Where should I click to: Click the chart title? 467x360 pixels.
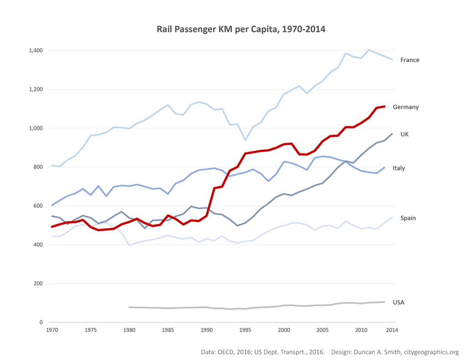(x=241, y=29)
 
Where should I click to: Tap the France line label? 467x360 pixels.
(x=410, y=60)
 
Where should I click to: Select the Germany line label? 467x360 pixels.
(x=405, y=107)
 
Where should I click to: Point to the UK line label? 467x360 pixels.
(x=405, y=134)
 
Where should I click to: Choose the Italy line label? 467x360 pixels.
(x=399, y=168)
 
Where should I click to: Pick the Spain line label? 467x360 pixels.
(x=408, y=218)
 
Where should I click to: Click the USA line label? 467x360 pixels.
(x=399, y=302)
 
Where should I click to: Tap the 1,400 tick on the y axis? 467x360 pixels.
(x=36, y=50)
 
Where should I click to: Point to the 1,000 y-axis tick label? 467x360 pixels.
(x=36, y=128)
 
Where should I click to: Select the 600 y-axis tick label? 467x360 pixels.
(x=38, y=206)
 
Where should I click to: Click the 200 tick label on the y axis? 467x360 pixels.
(x=38, y=283)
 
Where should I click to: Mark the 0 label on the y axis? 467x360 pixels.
(x=41, y=323)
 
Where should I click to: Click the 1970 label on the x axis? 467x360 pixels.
(x=52, y=330)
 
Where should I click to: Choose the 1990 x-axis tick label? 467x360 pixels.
(x=207, y=330)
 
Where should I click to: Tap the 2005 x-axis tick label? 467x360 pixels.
(x=322, y=330)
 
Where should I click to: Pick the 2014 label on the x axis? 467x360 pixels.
(x=391, y=330)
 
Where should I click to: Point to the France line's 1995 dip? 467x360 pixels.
(x=245, y=140)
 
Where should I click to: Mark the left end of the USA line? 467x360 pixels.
(x=130, y=307)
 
